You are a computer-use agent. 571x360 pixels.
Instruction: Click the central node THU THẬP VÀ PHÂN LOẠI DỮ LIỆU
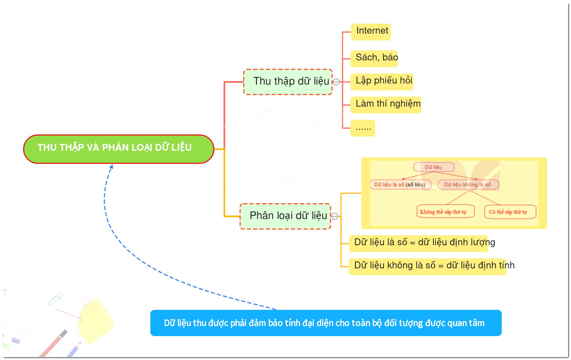coord(119,149)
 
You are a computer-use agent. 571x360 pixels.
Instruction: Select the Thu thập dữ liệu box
coord(288,82)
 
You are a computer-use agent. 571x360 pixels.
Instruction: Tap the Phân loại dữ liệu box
coord(285,216)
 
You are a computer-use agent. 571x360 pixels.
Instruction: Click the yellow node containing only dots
coord(363,128)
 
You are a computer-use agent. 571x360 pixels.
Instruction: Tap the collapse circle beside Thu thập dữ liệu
coord(336,82)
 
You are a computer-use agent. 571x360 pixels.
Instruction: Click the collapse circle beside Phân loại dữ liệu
coord(335,216)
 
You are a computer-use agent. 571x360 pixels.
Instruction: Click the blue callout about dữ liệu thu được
coord(326,323)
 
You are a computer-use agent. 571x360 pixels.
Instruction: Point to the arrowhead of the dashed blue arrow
coord(111,167)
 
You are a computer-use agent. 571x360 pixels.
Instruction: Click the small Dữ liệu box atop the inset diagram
coord(434,167)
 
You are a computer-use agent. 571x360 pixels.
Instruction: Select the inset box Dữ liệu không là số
coord(468,185)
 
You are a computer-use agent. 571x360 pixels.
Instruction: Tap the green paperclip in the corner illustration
coord(55,299)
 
